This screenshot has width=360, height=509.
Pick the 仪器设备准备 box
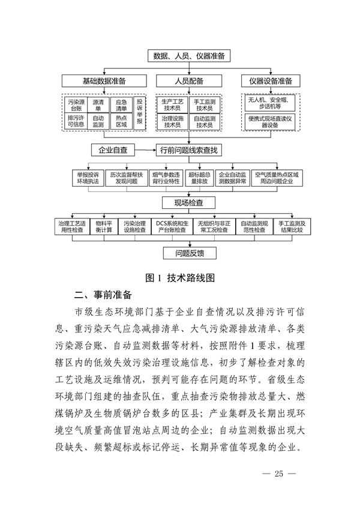(x=270, y=81)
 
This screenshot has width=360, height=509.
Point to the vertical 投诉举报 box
(x=140, y=112)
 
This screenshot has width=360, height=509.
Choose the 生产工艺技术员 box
(x=172, y=105)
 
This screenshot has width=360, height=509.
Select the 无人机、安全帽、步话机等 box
(x=271, y=103)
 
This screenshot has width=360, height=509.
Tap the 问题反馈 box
(x=188, y=253)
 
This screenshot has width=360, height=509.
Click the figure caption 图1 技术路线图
(x=181, y=278)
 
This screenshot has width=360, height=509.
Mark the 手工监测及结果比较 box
(x=291, y=227)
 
